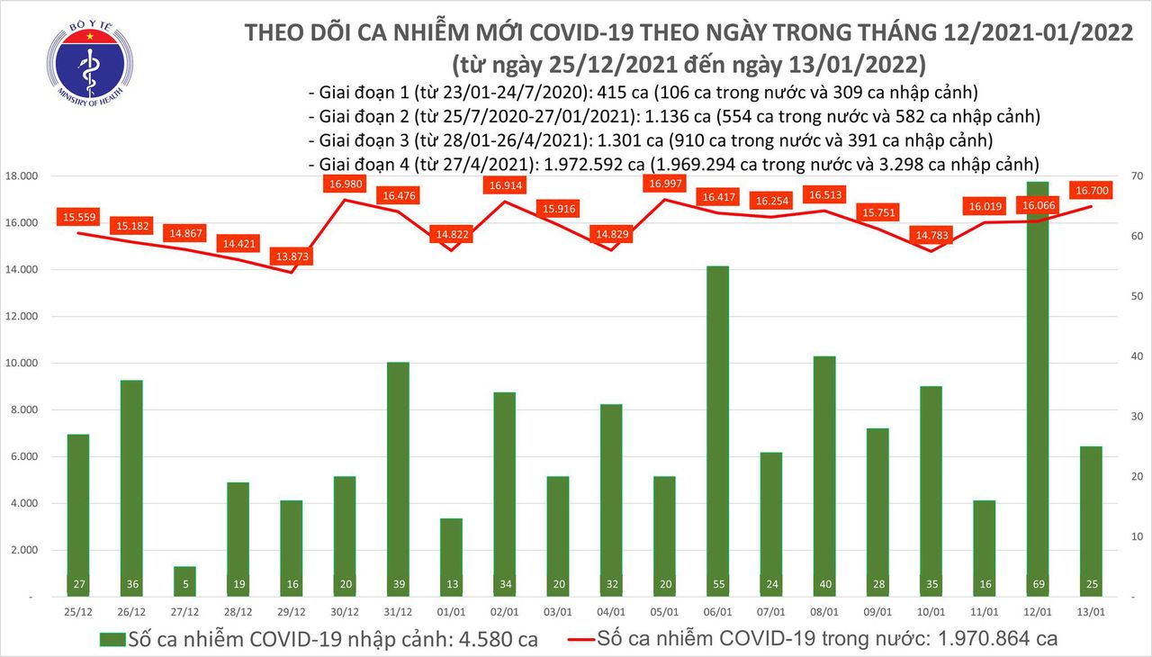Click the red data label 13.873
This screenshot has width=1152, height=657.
(293, 256)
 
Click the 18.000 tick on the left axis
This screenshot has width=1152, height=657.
(22, 176)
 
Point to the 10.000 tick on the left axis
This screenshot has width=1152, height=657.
(22, 364)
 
